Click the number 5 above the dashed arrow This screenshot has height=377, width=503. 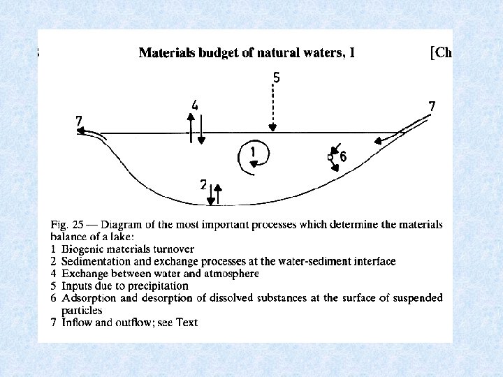coord(277,78)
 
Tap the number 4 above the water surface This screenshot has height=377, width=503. coord(195,105)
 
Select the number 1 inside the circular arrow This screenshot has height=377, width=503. coord(253,152)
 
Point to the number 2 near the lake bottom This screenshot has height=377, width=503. coord(203,185)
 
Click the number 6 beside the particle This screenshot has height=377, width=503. coord(343,158)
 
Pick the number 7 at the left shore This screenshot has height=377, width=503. coord(80,122)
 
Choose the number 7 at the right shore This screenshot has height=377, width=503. coord(432,106)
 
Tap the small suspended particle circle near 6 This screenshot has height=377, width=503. coord(330,158)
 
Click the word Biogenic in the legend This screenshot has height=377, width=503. coord(82,249)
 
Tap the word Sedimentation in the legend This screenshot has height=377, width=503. coord(94,261)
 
